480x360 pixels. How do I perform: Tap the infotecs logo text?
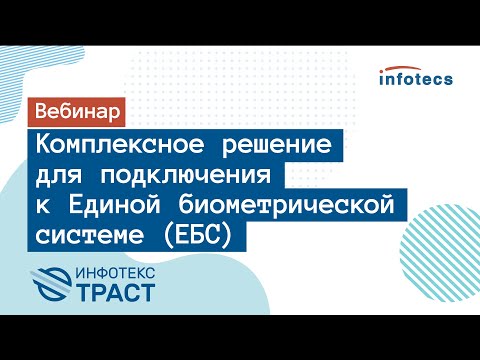point(416,77)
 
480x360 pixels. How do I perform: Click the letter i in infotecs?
point(383,77)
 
